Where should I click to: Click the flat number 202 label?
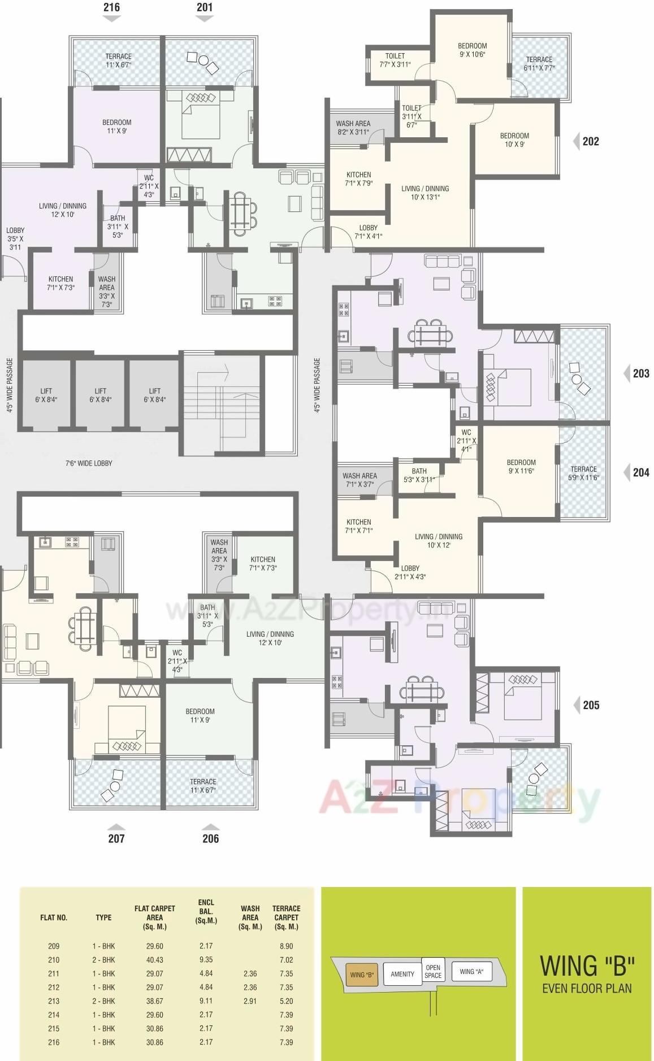click(x=591, y=141)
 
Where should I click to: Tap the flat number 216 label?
click(x=111, y=7)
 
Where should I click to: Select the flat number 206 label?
click(x=210, y=838)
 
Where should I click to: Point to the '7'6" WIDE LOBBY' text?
click(x=89, y=463)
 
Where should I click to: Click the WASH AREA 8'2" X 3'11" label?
click(x=353, y=128)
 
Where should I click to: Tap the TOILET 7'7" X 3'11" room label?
click(x=395, y=60)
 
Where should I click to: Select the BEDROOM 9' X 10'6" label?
click(x=472, y=50)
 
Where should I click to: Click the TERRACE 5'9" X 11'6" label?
click(x=583, y=473)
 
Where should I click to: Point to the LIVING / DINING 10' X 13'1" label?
click(x=425, y=193)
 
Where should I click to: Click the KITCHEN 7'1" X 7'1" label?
click(x=359, y=526)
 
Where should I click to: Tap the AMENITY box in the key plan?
click(x=402, y=974)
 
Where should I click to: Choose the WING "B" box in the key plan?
click(x=362, y=975)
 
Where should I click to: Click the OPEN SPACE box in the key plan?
click(x=433, y=972)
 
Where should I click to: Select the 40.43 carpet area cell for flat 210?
click(x=154, y=960)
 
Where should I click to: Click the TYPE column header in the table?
click(x=103, y=917)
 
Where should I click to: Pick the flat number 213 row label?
click(x=54, y=1001)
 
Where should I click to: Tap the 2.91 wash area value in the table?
click(x=250, y=1001)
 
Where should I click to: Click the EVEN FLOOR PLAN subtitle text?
click(x=587, y=988)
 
